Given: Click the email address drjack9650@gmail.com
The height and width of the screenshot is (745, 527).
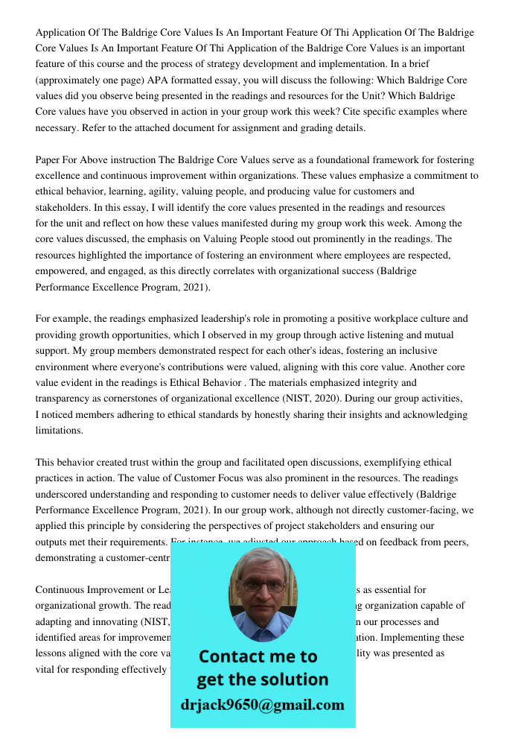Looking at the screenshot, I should pos(262,705).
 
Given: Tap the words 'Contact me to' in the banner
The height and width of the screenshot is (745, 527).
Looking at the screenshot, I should pos(258,656).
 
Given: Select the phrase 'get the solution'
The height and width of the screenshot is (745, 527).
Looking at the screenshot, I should pos(262,679).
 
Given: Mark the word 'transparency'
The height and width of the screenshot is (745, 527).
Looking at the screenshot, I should pos(66,399).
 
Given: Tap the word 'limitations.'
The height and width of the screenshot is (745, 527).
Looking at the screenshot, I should pos(60,431).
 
